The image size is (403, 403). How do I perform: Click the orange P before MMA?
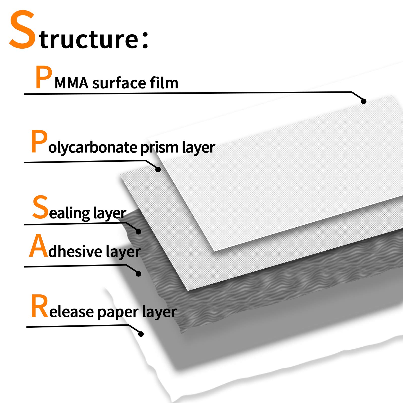coord(44,77)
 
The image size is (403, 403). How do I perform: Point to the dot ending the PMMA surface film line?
coord(363,101)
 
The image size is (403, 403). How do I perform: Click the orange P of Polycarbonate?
coord(39,141)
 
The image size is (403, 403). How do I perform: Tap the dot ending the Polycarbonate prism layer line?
coord(158,169)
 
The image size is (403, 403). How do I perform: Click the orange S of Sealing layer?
coord(40,207)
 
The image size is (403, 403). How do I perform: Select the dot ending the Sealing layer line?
coord(138,231)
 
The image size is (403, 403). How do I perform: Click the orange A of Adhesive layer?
coord(39,246)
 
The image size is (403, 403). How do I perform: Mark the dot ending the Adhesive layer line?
coord(138,274)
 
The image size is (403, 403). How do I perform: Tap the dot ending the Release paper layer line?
coord(141,334)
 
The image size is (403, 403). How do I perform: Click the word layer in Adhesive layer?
coord(123,252)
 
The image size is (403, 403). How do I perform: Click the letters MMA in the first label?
coord(72,83)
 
